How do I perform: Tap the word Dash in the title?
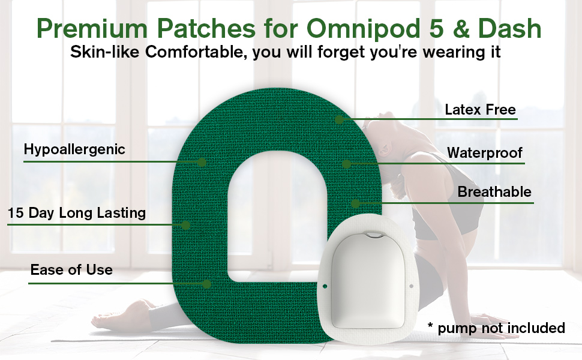pos(509,28)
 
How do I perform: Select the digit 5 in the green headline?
pos(437,28)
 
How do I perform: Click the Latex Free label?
pos(480,109)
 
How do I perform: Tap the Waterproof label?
pos(484,152)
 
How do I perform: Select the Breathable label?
pos(494,192)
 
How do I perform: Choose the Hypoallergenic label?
pos(74,149)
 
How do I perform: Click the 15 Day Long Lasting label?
pos(76,213)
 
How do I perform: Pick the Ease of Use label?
pos(71,270)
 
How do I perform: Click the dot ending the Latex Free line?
pos(339,119)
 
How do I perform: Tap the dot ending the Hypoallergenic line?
pos(202,162)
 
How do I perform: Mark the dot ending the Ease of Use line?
pos(207,284)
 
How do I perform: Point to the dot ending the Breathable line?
pos(356,203)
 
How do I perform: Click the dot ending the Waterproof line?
pos(346,164)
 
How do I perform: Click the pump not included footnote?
pos(496,328)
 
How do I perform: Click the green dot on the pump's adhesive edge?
pos(325,287)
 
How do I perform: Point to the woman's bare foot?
pos(115,317)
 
